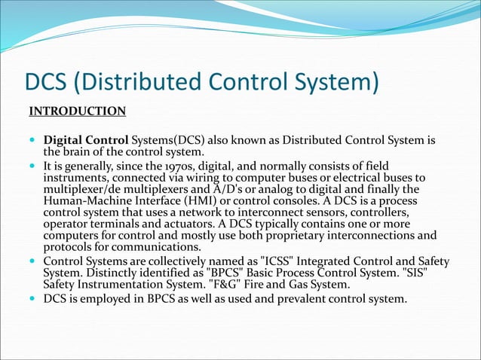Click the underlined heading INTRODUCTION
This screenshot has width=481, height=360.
[x=78, y=112]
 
